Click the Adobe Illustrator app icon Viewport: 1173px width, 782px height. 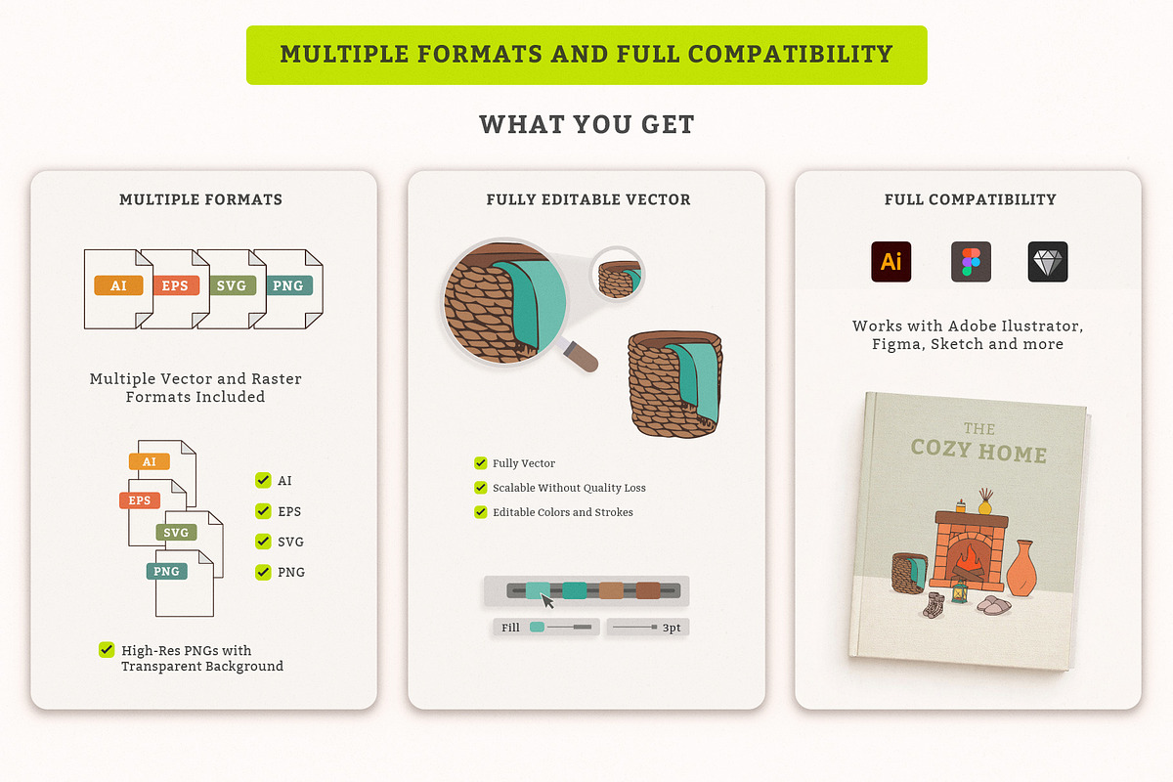point(891,261)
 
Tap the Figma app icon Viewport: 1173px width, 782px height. point(971,261)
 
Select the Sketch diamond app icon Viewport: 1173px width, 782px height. point(1047,261)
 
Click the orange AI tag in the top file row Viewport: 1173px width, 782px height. point(118,285)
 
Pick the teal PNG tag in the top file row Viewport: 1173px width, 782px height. point(288,285)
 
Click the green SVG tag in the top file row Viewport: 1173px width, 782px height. point(232,285)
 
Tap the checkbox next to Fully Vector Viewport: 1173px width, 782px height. point(480,463)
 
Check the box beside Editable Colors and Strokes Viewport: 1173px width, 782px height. point(480,512)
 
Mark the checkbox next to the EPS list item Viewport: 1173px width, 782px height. point(263,510)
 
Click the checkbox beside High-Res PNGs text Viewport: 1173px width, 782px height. point(107,649)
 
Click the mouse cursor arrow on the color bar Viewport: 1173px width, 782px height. point(547,601)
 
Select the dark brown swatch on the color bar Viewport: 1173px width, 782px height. point(648,590)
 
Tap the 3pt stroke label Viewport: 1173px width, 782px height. point(672,628)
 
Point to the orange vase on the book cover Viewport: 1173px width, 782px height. point(1021,569)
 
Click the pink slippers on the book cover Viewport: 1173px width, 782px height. point(994,605)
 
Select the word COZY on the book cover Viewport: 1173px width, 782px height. point(941,449)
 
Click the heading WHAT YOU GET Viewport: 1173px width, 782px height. point(586,125)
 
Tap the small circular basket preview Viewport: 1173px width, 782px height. point(618,275)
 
